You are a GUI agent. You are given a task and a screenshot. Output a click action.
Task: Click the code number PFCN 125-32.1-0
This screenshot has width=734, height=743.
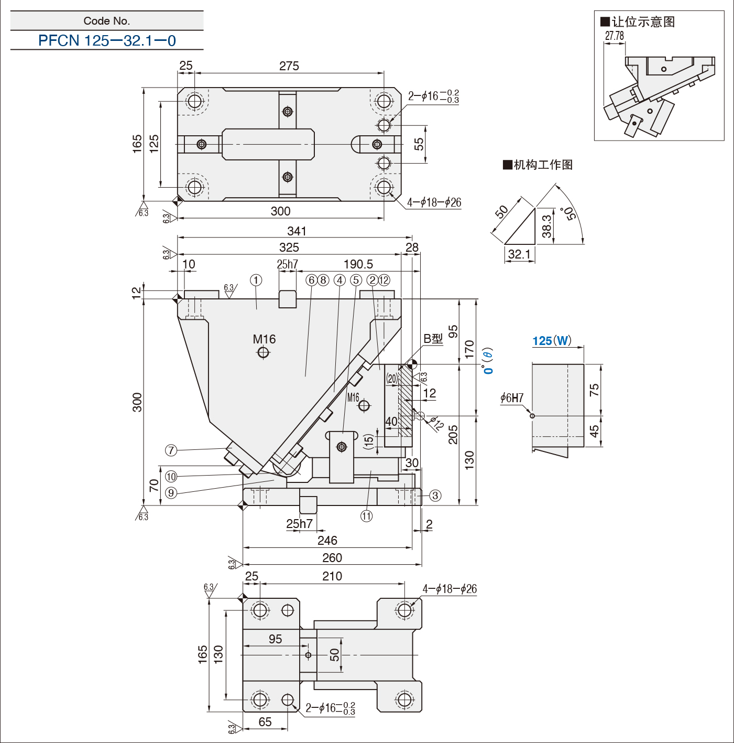click(x=107, y=40)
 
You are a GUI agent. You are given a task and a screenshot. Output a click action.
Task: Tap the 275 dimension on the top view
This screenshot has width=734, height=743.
click(x=289, y=66)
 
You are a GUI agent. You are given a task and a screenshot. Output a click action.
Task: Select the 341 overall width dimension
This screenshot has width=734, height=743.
click(x=297, y=231)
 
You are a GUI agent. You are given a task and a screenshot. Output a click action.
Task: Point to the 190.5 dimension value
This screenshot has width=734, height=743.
click(x=358, y=264)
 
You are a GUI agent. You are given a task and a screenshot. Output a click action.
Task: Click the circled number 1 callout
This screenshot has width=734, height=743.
click(x=256, y=281)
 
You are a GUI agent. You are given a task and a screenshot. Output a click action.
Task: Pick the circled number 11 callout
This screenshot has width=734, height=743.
click(x=366, y=516)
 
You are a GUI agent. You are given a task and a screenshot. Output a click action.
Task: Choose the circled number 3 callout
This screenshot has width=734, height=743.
click(x=435, y=496)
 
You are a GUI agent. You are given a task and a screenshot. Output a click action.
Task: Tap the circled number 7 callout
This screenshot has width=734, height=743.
click(x=171, y=450)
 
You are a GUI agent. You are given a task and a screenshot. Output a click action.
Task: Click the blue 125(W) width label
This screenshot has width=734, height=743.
click(x=552, y=341)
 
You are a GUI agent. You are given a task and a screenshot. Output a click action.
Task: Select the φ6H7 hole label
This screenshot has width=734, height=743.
click(x=512, y=397)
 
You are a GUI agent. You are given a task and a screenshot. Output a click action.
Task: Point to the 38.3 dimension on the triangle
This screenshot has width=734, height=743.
click(x=547, y=226)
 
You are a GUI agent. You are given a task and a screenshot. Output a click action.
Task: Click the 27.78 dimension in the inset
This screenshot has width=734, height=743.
click(x=614, y=36)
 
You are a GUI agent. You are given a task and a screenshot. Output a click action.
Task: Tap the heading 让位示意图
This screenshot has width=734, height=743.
click(x=638, y=21)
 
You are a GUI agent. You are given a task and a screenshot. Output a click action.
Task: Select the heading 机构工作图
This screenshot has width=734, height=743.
click(x=538, y=165)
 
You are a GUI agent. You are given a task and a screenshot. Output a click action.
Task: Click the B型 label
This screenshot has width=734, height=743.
click(x=433, y=339)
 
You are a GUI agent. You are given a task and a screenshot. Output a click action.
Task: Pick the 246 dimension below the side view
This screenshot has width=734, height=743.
click(x=327, y=540)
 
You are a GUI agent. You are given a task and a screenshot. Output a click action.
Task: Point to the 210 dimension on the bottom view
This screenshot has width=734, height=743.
click(x=332, y=576)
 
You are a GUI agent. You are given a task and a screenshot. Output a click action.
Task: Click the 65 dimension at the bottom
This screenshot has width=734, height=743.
click(x=265, y=722)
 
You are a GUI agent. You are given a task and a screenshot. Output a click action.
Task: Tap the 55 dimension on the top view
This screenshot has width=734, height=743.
click(x=419, y=144)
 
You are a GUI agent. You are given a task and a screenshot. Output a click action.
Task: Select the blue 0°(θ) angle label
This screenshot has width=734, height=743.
click(x=488, y=361)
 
